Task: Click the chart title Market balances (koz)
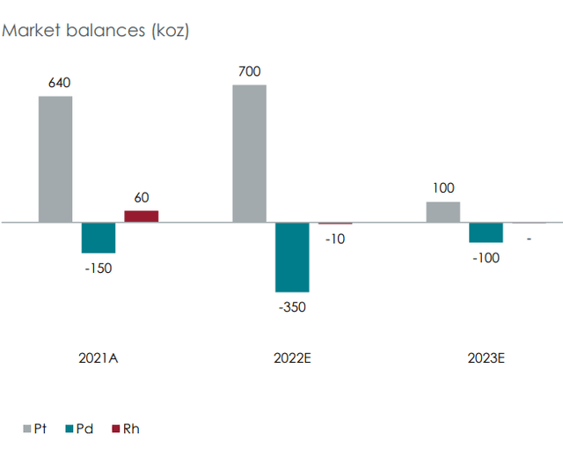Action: coord(96,31)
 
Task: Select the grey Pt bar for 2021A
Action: coord(55,159)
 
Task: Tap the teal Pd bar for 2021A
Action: coord(99,238)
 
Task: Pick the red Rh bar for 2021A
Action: coord(141,217)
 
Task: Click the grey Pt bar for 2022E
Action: coord(249,153)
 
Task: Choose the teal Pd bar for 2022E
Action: coord(292,257)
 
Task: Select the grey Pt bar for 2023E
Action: coord(442,212)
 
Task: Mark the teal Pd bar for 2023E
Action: coord(486,232)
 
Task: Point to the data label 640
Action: coord(59,84)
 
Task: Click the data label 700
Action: coord(250,71)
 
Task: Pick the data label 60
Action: coord(141,197)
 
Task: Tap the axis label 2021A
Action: coord(98,358)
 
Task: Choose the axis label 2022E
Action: coord(292,358)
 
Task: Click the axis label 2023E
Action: coord(486,358)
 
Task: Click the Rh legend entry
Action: coord(124,429)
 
